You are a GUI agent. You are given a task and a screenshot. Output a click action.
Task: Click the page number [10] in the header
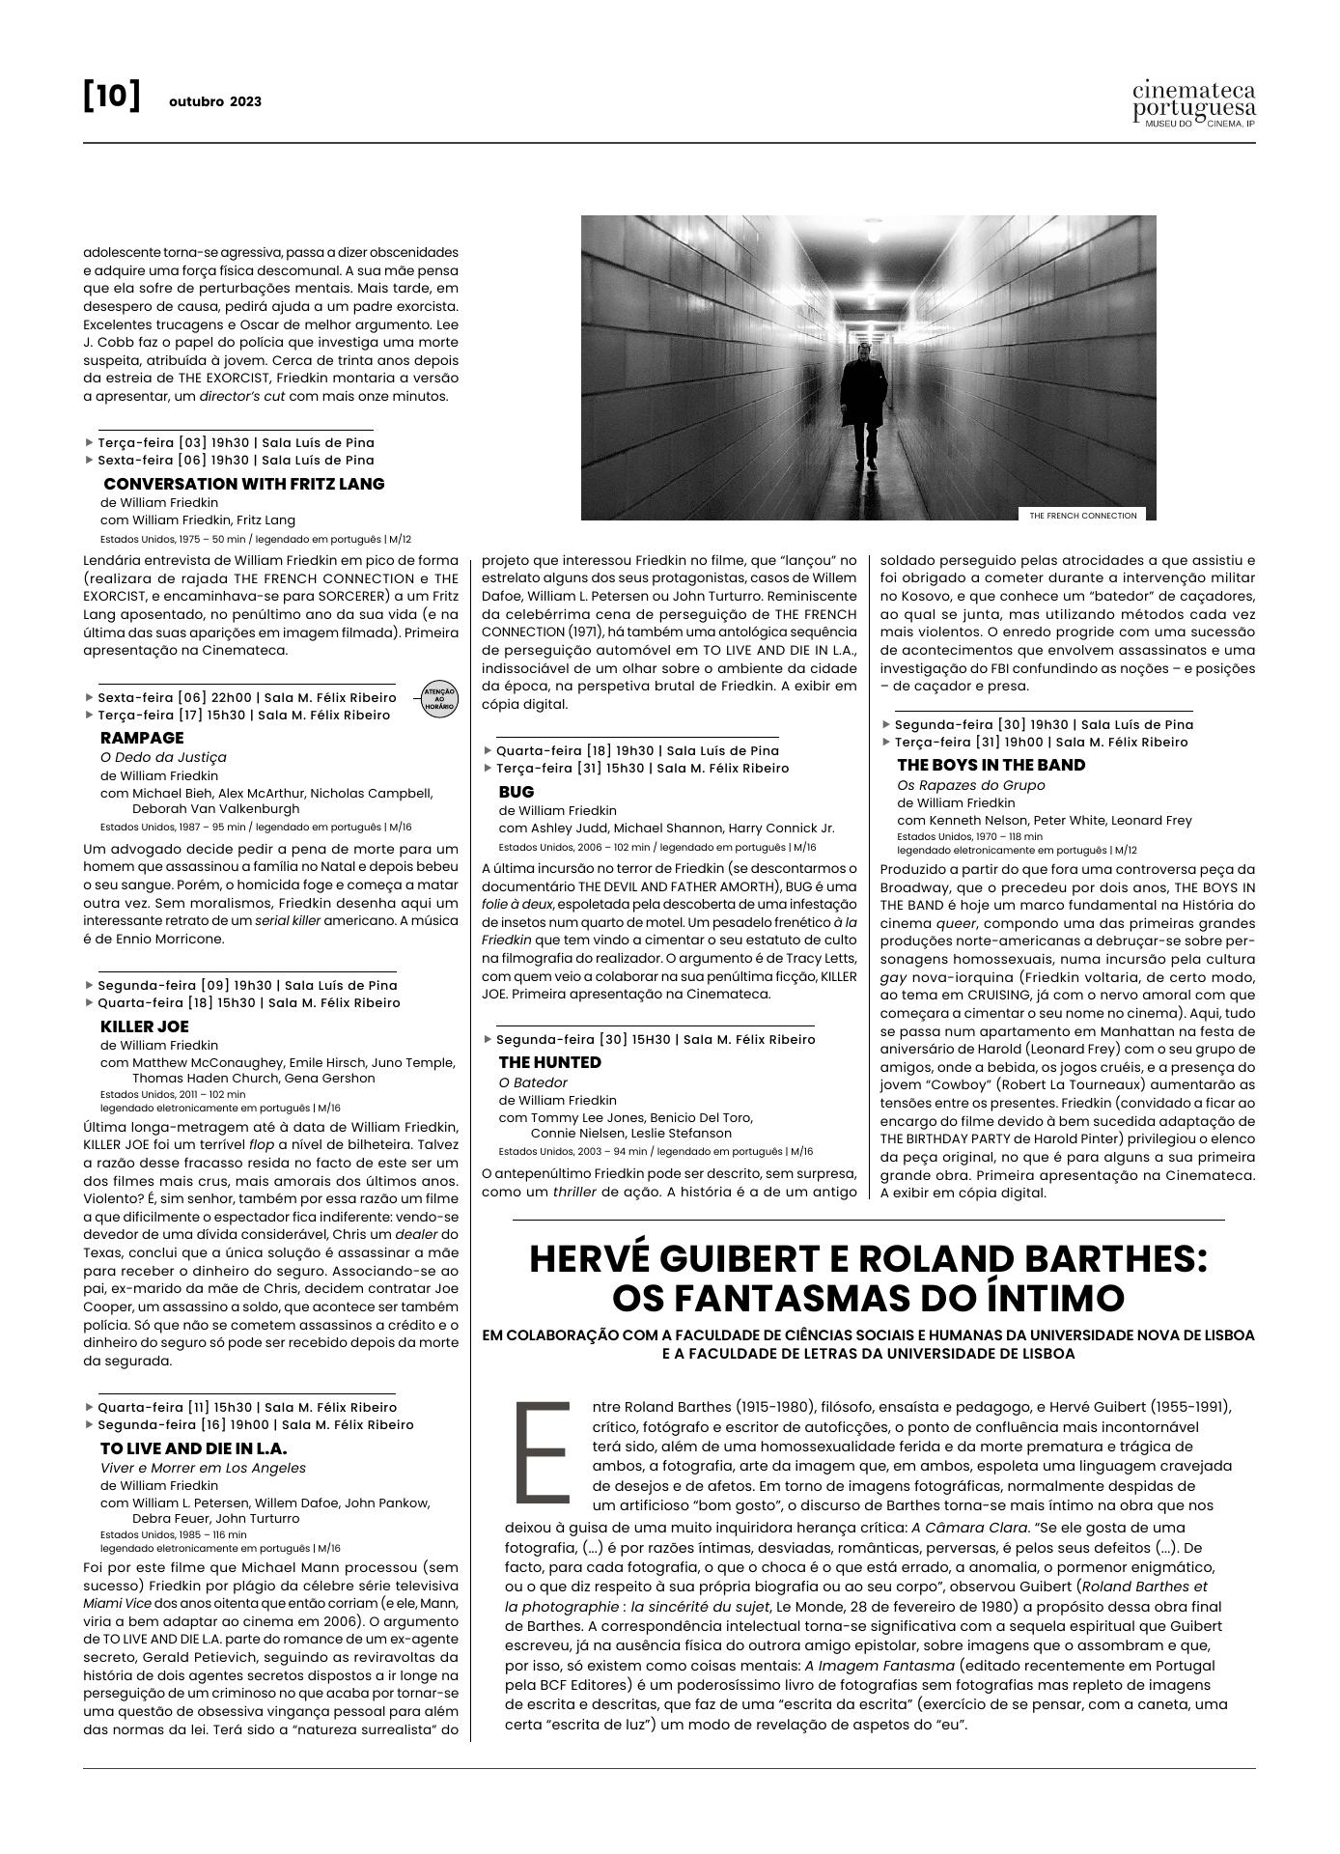[x=112, y=98]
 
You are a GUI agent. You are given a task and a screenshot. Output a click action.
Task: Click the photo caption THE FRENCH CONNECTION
[x=1082, y=516]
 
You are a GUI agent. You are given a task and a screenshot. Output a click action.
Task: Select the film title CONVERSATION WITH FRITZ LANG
[x=243, y=484]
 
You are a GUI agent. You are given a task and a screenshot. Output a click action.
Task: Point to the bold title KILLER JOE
[x=144, y=1026]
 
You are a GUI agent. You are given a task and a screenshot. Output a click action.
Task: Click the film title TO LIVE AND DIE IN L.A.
[x=193, y=1448]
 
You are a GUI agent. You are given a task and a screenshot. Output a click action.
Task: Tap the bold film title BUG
[x=516, y=792]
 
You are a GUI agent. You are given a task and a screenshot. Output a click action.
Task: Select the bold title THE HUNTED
[x=549, y=1062]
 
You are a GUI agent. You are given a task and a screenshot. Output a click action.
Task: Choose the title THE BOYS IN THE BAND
[x=991, y=765]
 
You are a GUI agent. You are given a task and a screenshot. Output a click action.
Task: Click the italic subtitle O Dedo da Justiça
[x=163, y=757]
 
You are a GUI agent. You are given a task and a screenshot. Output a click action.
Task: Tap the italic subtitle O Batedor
[x=533, y=1082]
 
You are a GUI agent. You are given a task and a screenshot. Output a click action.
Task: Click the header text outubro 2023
[x=214, y=101]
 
